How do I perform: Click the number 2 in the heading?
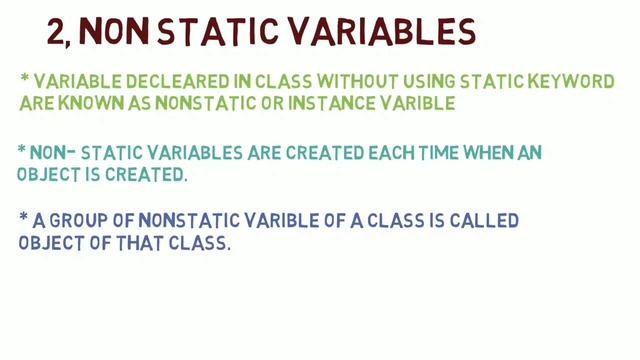pyautogui.click(x=55, y=34)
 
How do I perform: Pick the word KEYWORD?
pyautogui.click(x=564, y=81)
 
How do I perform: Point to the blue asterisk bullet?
pyautogui.click(x=23, y=216)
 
